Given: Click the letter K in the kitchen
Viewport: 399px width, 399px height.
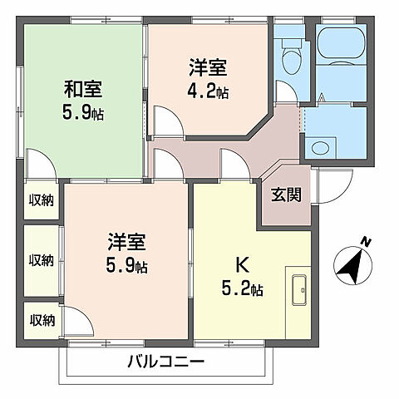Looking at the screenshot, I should pos(243,266).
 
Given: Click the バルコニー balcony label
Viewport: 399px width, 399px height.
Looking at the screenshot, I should pos(165,362).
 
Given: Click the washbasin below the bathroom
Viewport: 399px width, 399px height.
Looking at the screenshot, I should pos(319,148).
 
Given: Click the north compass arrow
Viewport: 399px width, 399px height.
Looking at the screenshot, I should pos(352,266).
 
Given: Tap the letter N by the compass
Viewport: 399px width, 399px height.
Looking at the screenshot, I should pos(367,242).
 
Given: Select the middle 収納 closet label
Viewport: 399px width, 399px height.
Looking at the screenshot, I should pos(41,260).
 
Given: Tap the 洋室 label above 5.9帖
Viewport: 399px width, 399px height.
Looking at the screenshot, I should pos(127,244).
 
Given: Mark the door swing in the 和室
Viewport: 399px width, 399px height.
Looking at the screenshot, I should pos(39,162).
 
